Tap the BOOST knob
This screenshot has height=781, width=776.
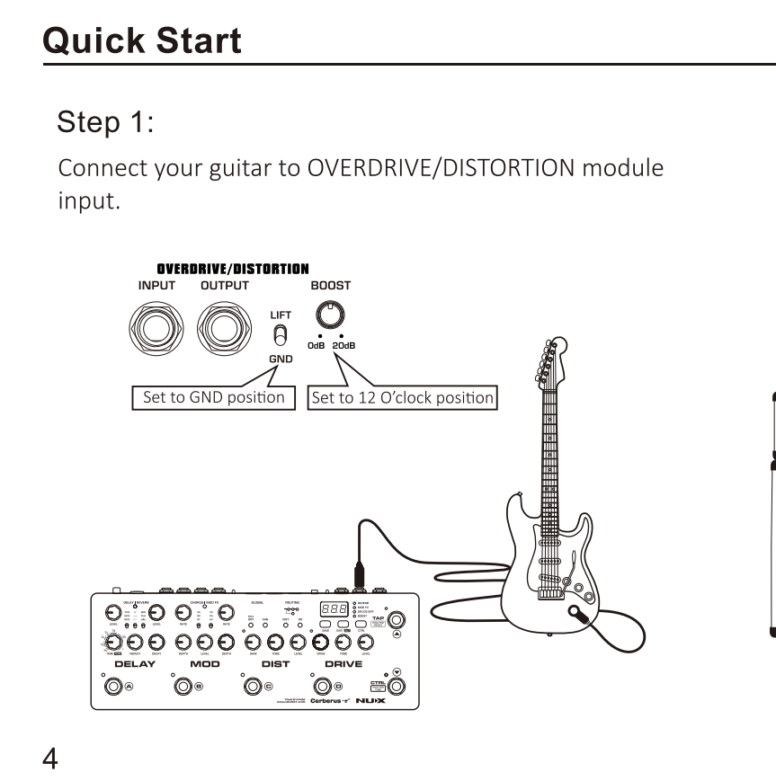(330, 314)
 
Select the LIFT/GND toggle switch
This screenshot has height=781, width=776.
(280, 336)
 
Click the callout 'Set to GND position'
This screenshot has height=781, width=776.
(213, 396)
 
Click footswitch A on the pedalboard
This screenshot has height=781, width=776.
(113, 688)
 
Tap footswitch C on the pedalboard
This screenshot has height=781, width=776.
(253, 688)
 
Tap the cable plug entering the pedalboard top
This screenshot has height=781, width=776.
(358, 574)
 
